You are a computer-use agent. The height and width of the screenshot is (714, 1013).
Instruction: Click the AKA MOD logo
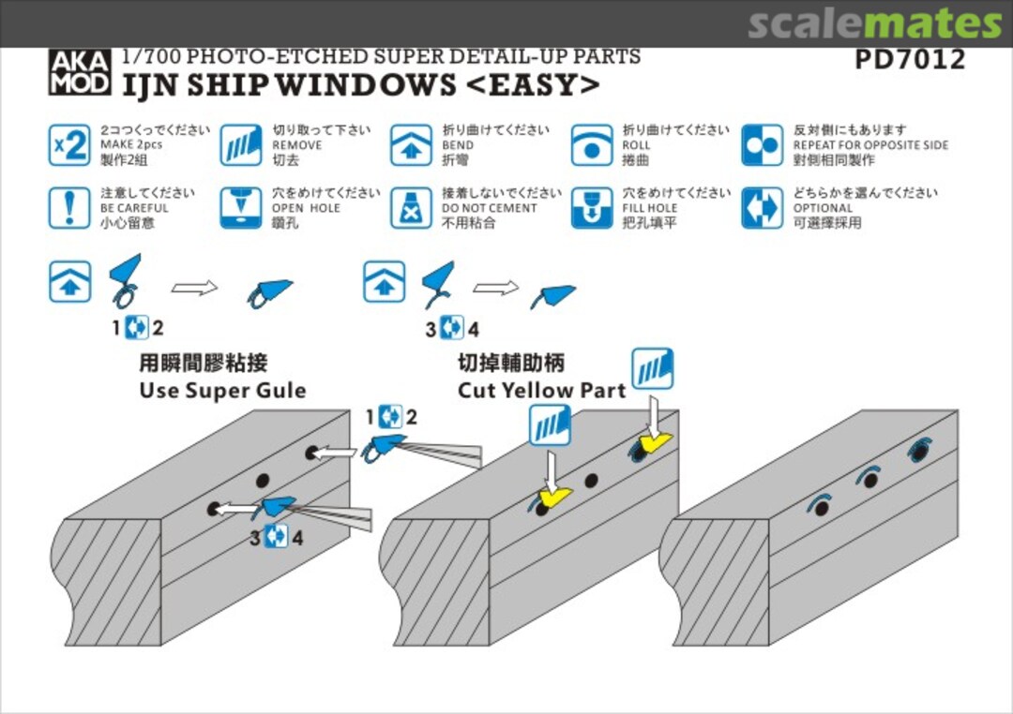point(80,72)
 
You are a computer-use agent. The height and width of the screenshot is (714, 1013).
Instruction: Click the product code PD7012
point(909,60)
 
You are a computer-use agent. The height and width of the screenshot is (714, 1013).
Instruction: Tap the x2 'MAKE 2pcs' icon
point(69,145)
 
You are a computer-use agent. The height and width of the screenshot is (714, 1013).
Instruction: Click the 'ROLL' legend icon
point(592,145)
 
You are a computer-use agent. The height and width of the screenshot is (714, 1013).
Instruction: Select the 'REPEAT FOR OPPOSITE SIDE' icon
point(762,145)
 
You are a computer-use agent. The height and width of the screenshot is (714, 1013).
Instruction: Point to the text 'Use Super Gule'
point(222,390)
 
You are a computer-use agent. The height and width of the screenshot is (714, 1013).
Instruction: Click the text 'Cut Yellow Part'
point(541,390)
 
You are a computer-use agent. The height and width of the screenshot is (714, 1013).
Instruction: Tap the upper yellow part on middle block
point(653,440)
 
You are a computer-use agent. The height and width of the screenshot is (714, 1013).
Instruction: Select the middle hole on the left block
point(263,481)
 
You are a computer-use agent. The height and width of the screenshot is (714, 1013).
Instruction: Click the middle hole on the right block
point(870,481)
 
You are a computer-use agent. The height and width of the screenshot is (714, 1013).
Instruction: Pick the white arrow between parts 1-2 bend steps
point(194,287)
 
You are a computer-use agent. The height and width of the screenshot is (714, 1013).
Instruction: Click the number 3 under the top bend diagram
point(431,329)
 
